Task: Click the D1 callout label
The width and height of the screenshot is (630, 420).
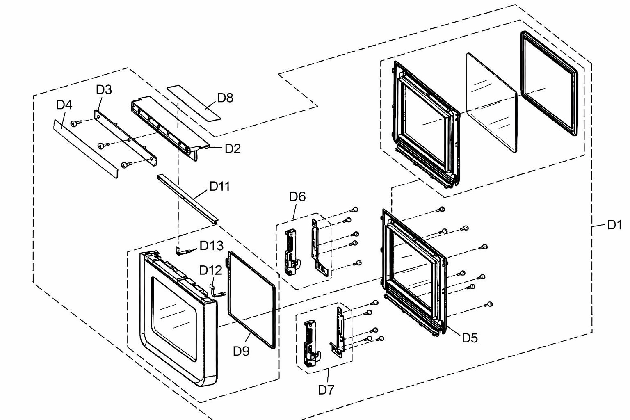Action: click(614, 225)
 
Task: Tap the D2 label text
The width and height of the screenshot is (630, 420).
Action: click(233, 148)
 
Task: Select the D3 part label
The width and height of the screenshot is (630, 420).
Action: click(104, 89)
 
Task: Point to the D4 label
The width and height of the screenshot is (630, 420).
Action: click(64, 105)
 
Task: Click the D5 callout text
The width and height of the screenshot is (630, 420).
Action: click(470, 338)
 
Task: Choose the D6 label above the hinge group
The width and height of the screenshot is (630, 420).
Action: click(297, 196)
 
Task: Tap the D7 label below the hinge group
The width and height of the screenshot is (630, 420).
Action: click(326, 390)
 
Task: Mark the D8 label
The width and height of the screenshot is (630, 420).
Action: click(225, 98)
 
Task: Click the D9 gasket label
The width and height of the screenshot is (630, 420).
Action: click(241, 351)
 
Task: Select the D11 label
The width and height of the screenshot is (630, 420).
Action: click(219, 186)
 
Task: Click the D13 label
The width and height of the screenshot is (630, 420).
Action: click(211, 246)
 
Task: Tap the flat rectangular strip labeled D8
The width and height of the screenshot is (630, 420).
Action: click(194, 103)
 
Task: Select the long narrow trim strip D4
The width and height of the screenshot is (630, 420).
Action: click(85, 148)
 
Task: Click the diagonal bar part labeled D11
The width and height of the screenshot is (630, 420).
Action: click(187, 199)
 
